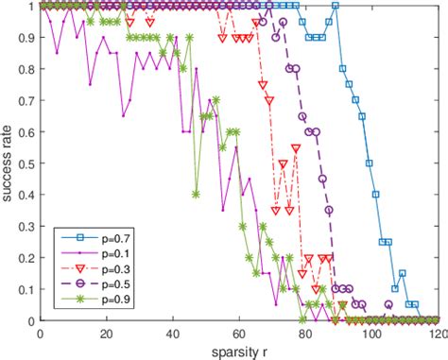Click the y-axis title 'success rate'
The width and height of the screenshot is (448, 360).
tap(9, 163)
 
